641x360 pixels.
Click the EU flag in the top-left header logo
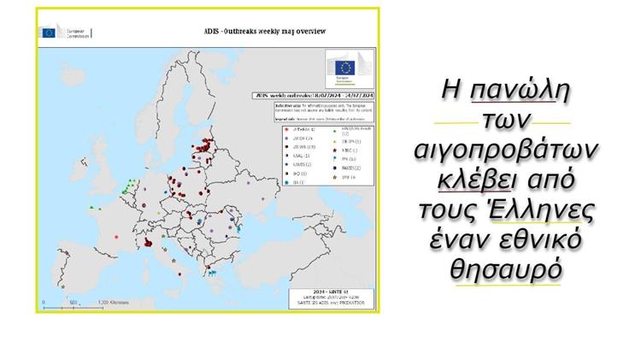[48, 32]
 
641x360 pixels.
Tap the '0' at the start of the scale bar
[44, 302]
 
